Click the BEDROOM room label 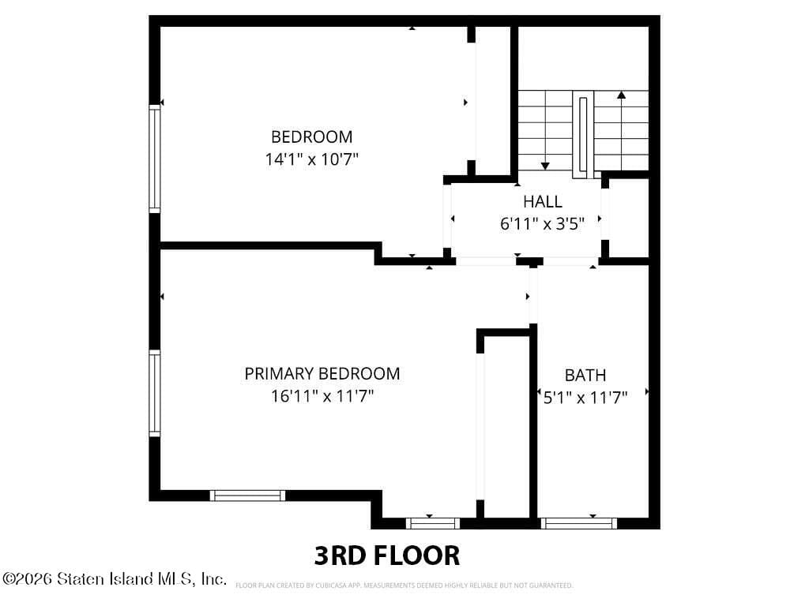(x=311, y=137)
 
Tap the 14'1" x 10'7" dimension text (x=311, y=159)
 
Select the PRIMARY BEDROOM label (x=322, y=373)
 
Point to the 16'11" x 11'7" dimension (x=322, y=396)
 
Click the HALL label (x=542, y=201)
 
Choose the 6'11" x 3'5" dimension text (x=542, y=224)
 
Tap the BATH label (x=585, y=375)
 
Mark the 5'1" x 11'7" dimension (x=585, y=398)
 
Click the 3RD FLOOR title (x=387, y=555)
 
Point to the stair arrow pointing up (x=621, y=131)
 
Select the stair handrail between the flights (x=583, y=134)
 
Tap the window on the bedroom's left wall (x=154, y=158)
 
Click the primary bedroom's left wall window (x=154, y=393)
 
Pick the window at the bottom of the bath (x=578, y=524)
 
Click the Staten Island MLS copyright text (x=114, y=578)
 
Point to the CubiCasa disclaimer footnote (x=404, y=585)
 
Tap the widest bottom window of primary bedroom (x=247, y=496)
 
